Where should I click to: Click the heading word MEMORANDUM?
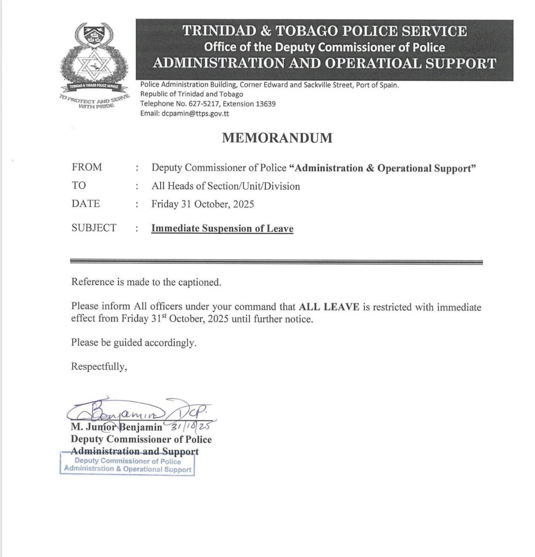tap(277, 138)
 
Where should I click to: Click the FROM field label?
tap(87, 168)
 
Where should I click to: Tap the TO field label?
tap(79, 186)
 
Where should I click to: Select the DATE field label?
tap(86, 204)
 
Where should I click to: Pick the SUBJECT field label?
tap(94, 228)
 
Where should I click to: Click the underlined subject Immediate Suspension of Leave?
tap(222, 228)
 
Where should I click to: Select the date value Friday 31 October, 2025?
tap(202, 204)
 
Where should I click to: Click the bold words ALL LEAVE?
tap(329, 307)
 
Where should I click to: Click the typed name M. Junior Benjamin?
tap(116, 427)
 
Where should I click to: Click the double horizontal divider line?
tap(276, 262)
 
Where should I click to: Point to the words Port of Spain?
tap(377, 85)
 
